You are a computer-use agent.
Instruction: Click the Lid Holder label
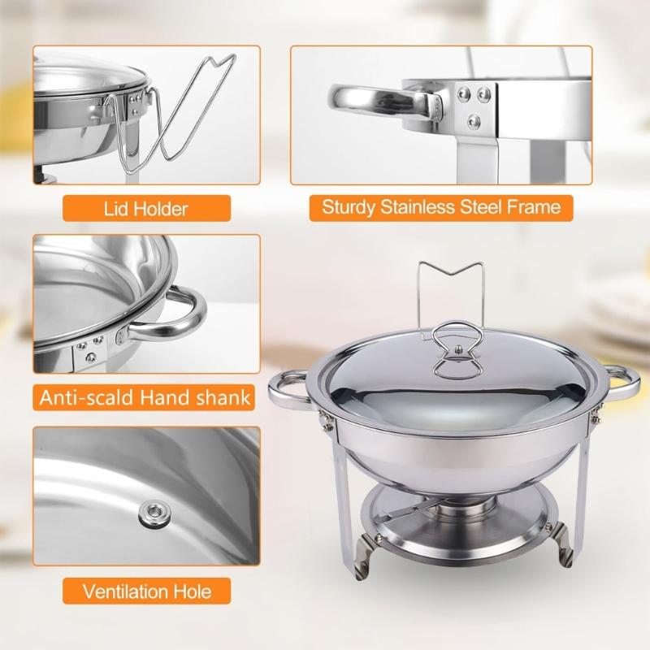tap(146, 209)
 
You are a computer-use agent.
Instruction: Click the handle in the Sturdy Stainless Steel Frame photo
tap(374, 103)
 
